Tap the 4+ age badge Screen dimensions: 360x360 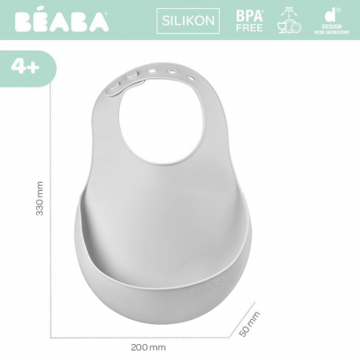click(x=26, y=67)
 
